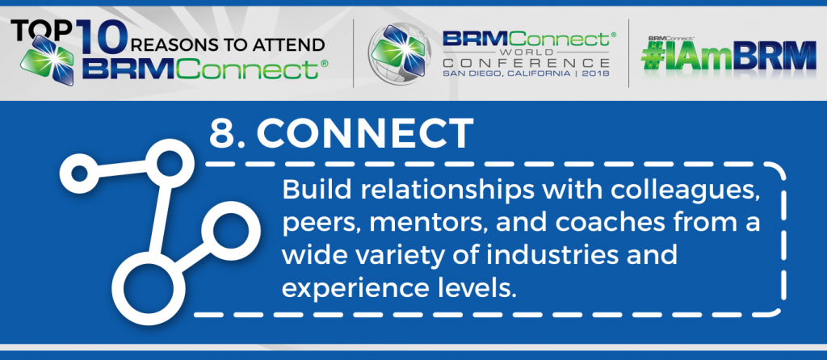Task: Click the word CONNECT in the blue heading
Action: [x=364, y=134]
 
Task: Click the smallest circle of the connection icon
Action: [x=79, y=173]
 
